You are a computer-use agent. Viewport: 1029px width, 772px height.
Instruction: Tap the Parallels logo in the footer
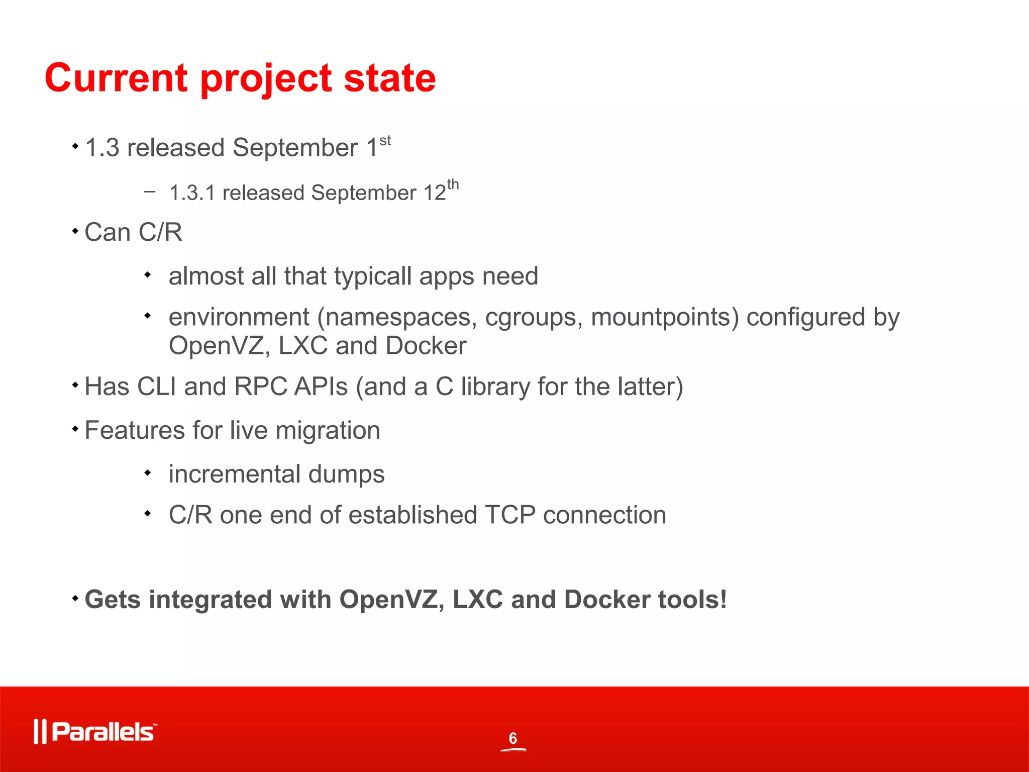click(x=95, y=731)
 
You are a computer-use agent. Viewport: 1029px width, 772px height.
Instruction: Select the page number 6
click(x=512, y=738)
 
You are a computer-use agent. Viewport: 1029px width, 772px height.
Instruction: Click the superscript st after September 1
click(x=385, y=141)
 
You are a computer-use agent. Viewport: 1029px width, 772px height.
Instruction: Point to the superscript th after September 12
click(x=453, y=184)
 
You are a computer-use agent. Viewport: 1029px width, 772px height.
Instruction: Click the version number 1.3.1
click(x=192, y=193)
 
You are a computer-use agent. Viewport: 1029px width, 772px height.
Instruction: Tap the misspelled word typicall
click(x=373, y=276)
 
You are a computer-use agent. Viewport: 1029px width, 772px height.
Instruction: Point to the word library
click(x=495, y=387)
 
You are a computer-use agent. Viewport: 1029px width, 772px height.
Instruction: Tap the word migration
click(x=328, y=431)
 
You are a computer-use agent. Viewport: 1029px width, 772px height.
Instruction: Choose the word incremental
click(x=234, y=474)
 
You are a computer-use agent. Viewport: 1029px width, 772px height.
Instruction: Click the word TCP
click(x=510, y=515)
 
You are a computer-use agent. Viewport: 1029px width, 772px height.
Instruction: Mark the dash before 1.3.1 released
click(x=149, y=191)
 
